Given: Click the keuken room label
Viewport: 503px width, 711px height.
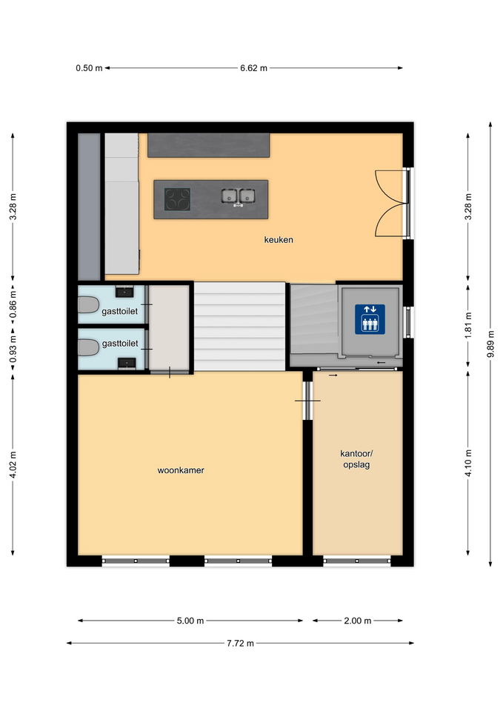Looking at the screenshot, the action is (x=279, y=239).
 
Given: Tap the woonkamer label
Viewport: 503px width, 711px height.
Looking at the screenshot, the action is (x=181, y=470).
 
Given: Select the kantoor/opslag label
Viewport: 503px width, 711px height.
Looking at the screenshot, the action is (x=356, y=459).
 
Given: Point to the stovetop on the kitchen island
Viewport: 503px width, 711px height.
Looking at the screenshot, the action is (x=177, y=199).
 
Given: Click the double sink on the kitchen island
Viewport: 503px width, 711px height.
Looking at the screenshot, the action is (x=238, y=196).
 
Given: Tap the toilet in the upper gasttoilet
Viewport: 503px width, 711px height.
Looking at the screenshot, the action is (x=88, y=304).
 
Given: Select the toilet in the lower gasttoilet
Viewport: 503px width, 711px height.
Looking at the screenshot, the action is (x=88, y=348).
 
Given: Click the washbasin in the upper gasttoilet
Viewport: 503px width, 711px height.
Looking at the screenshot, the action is (x=124, y=291).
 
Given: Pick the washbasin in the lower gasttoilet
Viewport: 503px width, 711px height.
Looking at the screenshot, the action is (x=127, y=364).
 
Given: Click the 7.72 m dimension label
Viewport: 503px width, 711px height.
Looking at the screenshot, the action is (x=240, y=643).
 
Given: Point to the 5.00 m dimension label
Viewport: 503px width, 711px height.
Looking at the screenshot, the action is (x=190, y=621).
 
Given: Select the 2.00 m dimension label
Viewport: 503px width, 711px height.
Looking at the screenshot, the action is (x=357, y=621).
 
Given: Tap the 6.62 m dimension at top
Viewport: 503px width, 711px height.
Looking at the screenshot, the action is (x=253, y=68).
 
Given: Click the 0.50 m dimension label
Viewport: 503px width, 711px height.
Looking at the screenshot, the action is (x=89, y=68).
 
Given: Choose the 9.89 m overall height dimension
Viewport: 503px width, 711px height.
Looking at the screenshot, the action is (x=490, y=344).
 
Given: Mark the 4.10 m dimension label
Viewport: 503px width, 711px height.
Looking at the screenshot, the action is (x=468, y=463).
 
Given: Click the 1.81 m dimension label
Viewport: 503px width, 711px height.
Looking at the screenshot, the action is (x=468, y=325).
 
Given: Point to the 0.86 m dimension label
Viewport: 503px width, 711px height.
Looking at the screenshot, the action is (x=13, y=304).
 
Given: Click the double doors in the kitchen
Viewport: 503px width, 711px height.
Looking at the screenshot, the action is (x=390, y=203).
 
